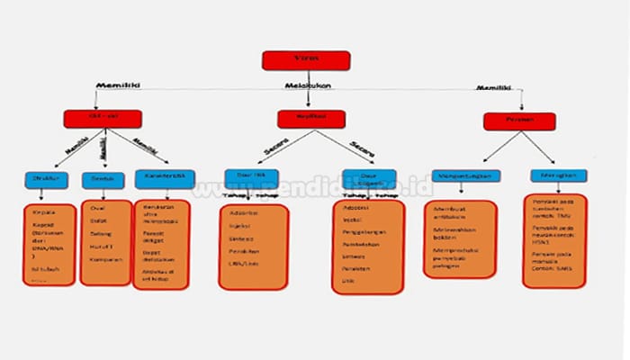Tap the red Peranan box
point(518,121)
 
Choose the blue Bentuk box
point(102,178)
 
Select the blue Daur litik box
point(251,176)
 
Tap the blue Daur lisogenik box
point(368,178)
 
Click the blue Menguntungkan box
point(465,175)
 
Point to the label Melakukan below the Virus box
point(306,86)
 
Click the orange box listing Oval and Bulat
point(106,242)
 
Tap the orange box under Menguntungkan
point(460,239)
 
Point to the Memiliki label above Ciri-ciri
point(116,85)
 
